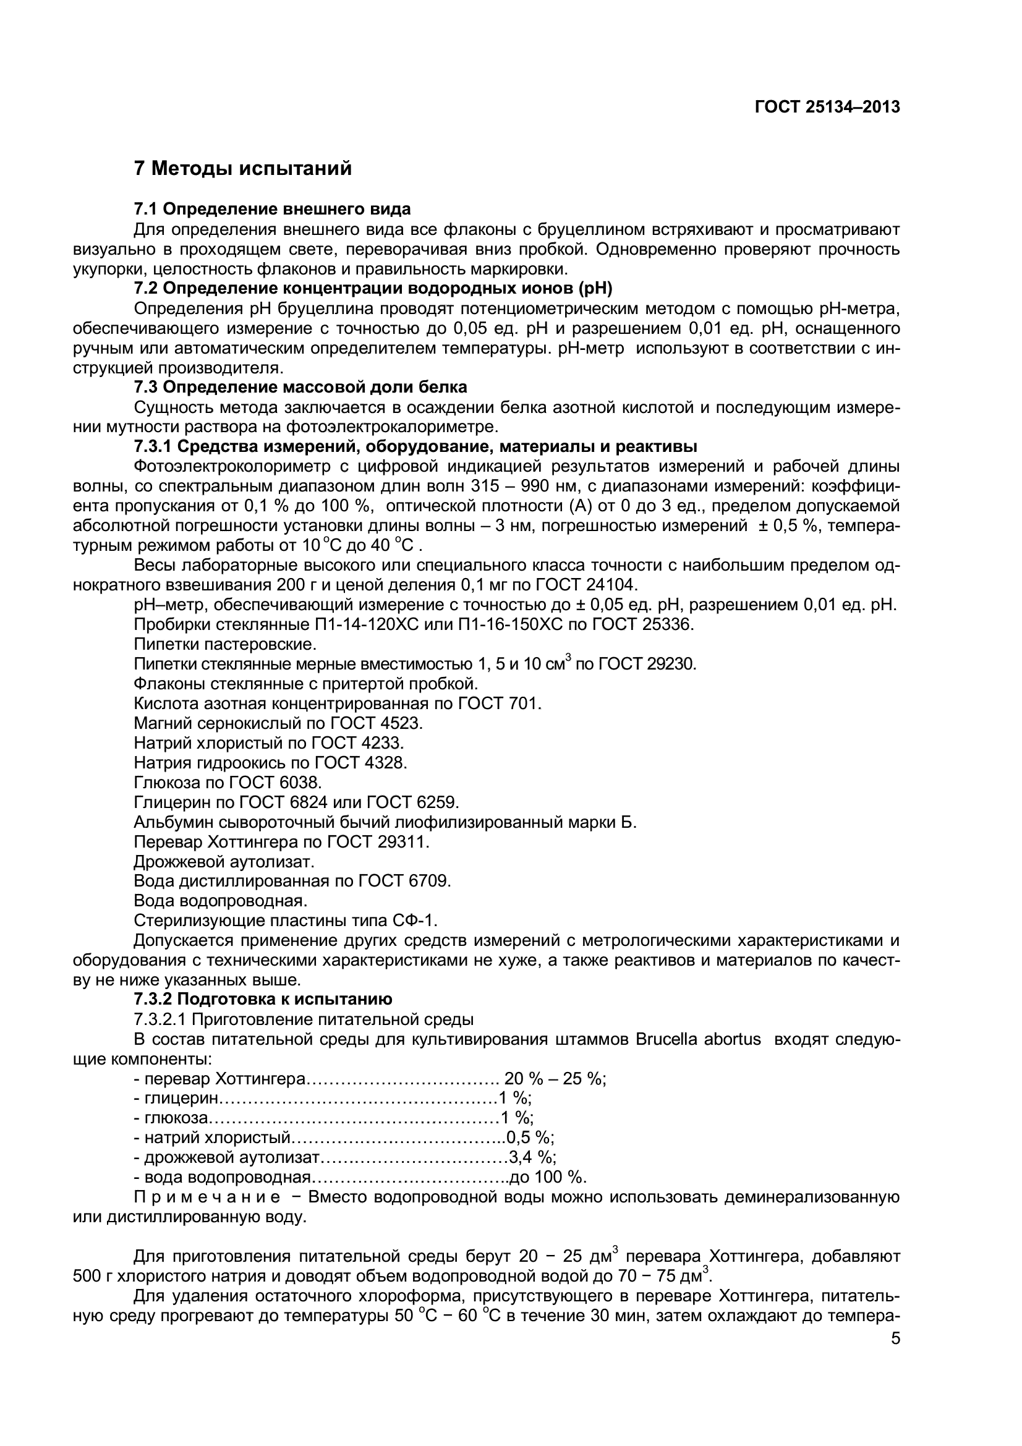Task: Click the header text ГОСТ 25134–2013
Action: (827, 107)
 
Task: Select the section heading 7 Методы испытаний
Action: (243, 169)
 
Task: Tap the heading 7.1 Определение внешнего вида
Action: (272, 209)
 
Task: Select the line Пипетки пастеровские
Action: (225, 644)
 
